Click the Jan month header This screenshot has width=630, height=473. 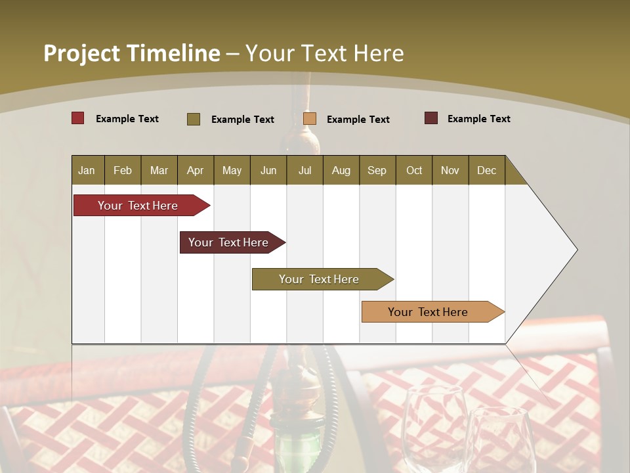click(87, 170)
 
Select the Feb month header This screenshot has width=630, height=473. click(123, 170)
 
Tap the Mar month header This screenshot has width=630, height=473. click(159, 170)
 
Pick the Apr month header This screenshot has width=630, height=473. click(196, 170)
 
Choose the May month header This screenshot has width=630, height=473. click(232, 170)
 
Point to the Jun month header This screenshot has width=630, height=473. click(268, 170)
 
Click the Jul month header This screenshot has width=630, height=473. click(304, 170)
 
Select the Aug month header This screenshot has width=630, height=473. click(341, 170)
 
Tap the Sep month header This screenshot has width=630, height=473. click(377, 170)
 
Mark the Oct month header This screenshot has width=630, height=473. click(414, 170)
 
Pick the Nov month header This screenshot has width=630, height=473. click(450, 170)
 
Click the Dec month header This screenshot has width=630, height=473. click(487, 170)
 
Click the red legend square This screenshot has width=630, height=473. click(78, 118)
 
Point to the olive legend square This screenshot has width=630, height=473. click(194, 119)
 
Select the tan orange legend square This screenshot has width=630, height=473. click(310, 118)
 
